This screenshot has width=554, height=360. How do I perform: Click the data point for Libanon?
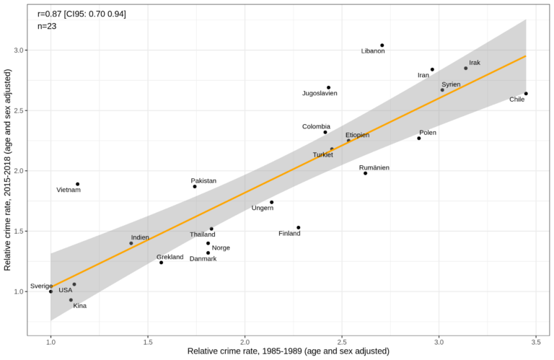pos(382,45)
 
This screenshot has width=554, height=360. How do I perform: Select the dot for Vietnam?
pos(77,184)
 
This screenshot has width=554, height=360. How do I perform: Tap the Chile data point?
pos(526,93)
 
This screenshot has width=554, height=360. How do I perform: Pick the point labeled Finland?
pos(298,227)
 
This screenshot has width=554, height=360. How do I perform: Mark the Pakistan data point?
pos(195,186)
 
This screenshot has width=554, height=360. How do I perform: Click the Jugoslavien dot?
pos(328,87)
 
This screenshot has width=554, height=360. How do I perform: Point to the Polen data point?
pos(418,138)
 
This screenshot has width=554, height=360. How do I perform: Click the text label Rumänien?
pos(374,167)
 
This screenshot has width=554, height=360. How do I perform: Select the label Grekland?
pos(170,257)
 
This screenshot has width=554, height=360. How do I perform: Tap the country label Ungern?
pos(263,208)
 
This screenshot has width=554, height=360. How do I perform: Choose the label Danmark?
pos(203,258)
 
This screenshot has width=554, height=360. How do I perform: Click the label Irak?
pos(475,63)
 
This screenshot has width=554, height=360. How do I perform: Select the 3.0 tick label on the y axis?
pos(17,51)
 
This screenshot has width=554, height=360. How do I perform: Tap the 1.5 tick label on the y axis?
pos(17,231)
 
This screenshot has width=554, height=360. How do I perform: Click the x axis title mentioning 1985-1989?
pos(288,351)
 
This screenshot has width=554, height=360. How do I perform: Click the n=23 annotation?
pos(47,26)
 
